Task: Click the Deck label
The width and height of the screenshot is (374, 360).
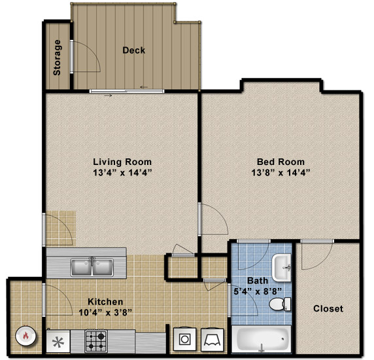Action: [133, 50]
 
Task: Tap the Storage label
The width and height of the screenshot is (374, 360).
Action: [57, 58]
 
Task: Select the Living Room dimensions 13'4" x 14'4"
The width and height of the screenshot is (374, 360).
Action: [122, 172]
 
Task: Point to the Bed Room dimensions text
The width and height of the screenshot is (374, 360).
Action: [280, 172]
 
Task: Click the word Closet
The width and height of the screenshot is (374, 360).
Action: [328, 309]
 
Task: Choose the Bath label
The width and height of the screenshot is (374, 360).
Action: [258, 281]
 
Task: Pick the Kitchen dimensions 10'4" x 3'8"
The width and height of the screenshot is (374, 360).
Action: [105, 312]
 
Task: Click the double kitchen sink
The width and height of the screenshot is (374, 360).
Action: [92, 267]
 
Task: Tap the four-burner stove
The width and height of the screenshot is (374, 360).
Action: [96, 342]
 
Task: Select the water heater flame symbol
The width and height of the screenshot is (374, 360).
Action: [25, 336]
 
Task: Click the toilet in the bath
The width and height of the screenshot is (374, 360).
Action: [280, 304]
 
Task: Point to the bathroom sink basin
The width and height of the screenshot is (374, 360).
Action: [282, 268]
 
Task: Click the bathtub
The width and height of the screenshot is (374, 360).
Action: [262, 339]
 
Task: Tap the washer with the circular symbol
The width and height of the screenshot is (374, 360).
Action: [184, 339]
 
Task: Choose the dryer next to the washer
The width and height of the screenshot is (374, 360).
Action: [212, 340]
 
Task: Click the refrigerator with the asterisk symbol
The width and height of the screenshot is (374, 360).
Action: [58, 342]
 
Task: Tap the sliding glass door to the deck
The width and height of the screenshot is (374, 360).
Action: [127, 91]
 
